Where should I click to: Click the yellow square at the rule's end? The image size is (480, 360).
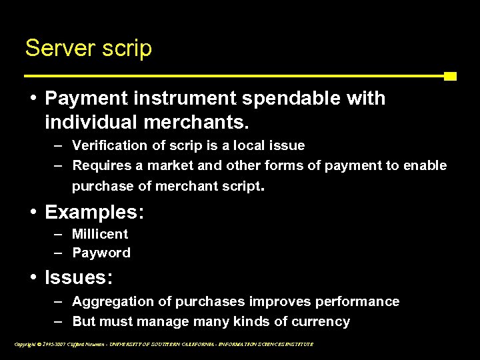[450, 76]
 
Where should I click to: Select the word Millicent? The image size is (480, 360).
[100, 234]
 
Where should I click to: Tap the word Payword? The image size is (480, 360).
[101, 253]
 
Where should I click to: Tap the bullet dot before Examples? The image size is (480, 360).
[33, 213]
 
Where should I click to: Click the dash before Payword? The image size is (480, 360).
[59, 253]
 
